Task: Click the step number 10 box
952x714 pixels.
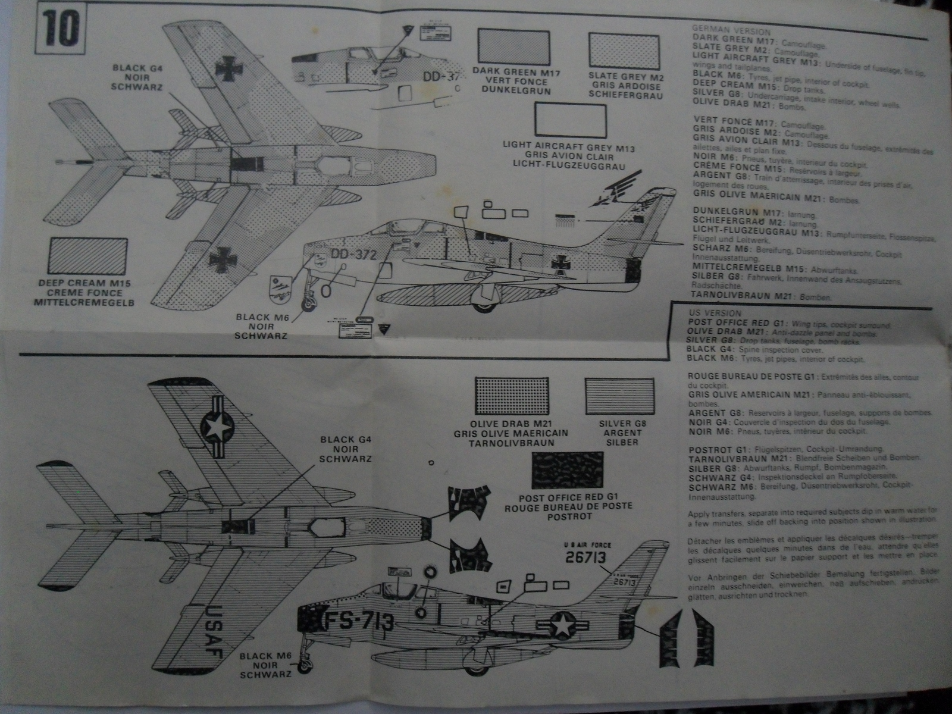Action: tap(61, 28)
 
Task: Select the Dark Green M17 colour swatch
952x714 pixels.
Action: tap(513, 47)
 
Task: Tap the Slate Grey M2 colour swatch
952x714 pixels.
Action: tap(624, 51)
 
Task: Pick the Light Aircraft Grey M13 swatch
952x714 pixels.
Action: tap(570, 121)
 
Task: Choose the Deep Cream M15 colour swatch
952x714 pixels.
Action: tap(88, 256)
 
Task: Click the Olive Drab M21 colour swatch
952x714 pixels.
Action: tap(512, 396)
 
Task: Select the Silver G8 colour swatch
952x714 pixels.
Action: tap(619, 396)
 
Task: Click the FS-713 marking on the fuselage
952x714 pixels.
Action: tap(358, 622)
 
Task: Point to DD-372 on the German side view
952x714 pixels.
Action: tap(353, 254)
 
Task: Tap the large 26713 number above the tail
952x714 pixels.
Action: tap(585, 557)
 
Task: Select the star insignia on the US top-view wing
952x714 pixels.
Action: tap(217, 427)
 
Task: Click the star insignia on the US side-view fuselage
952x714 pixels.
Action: tap(562, 625)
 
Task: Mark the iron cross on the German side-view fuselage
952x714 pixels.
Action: tap(561, 263)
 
